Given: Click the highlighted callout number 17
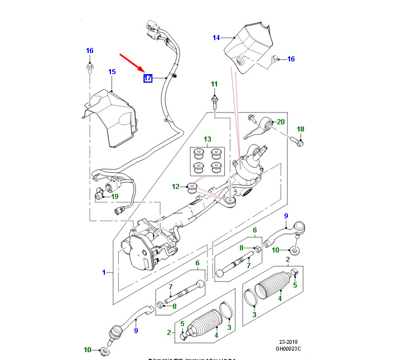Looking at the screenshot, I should pyautogui.click(x=148, y=78).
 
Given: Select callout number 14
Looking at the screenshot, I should pyautogui.click(x=216, y=38).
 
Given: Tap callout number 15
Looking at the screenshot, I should pyautogui.click(x=112, y=72).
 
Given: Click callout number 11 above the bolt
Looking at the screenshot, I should pyautogui.click(x=214, y=84).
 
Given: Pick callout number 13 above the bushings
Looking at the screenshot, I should pyautogui.click(x=208, y=139).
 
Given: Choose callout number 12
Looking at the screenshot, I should pyautogui.click(x=175, y=186).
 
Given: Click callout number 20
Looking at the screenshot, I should pyautogui.click(x=281, y=121).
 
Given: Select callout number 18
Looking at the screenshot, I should pyautogui.click(x=300, y=129).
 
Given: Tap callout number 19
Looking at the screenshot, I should pyautogui.click(x=115, y=196).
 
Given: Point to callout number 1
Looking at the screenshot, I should pyautogui.click(x=104, y=272).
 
